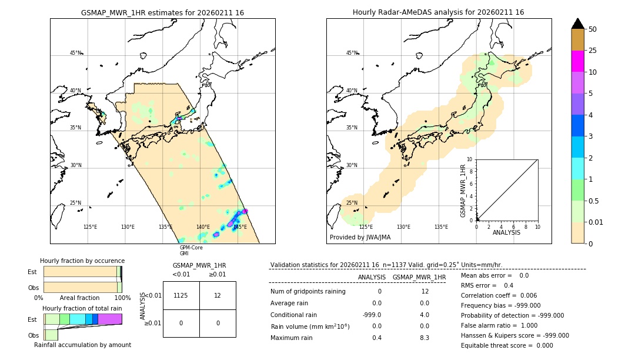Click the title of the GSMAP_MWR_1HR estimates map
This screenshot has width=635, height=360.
pos(162,12)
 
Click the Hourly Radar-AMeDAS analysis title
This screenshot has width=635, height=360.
pos(438,12)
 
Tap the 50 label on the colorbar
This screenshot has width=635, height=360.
pos(593,29)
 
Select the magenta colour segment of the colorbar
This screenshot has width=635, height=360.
pos(577,61)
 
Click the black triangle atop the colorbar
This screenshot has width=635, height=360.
pos(577,24)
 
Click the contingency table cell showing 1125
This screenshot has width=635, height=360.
pos(181,295)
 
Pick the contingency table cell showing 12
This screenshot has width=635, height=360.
pos(218,295)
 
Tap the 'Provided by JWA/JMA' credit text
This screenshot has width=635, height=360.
pos(360,238)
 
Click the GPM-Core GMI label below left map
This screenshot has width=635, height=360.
pos(190,251)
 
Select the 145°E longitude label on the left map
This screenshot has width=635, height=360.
pos(240,227)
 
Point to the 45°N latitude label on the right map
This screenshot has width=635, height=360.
pos(352,53)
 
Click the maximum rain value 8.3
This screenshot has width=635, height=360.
pos(424,338)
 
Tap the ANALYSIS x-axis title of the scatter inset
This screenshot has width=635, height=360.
pos(507,233)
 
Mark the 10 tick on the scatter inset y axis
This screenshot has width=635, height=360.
pos(470,159)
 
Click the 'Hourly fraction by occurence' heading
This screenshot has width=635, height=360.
pos(82,261)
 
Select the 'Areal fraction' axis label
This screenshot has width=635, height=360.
pos(79,298)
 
